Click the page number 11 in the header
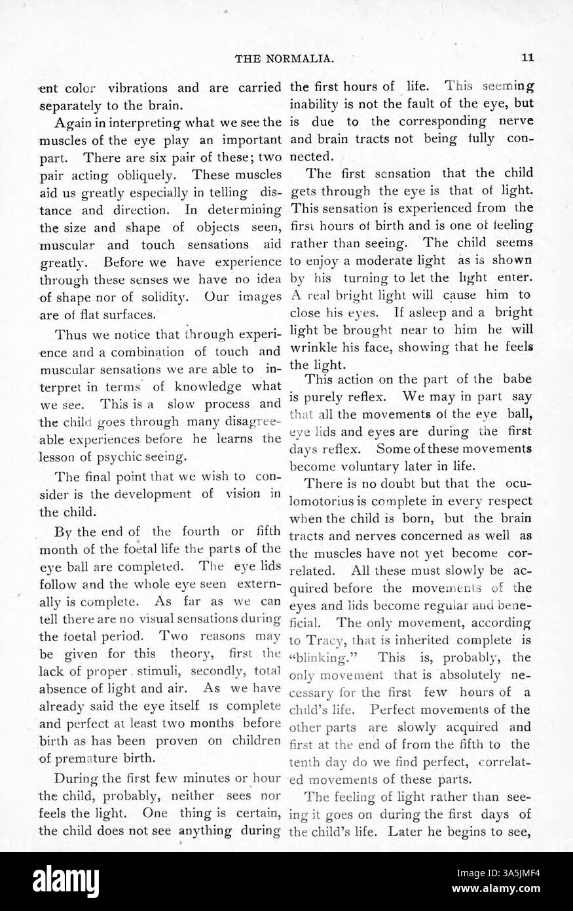click(x=528, y=58)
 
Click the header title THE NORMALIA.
click(x=285, y=58)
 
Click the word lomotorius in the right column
click(x=323, y=501)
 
